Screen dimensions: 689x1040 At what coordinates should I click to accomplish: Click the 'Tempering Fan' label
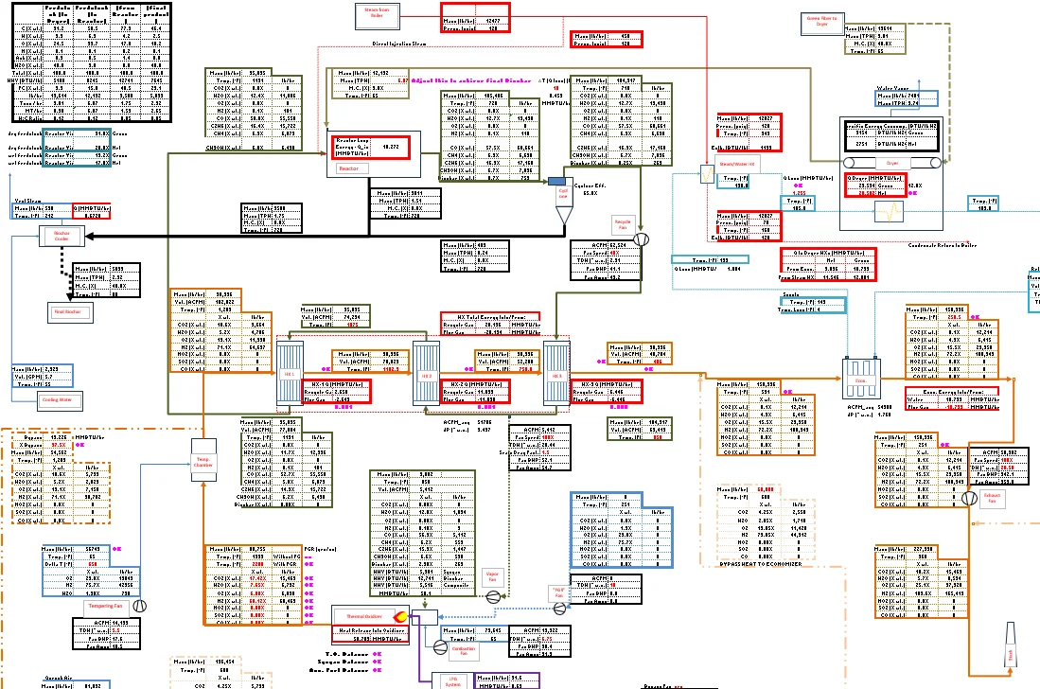103,605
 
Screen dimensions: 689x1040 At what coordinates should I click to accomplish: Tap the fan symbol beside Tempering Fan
139,605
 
